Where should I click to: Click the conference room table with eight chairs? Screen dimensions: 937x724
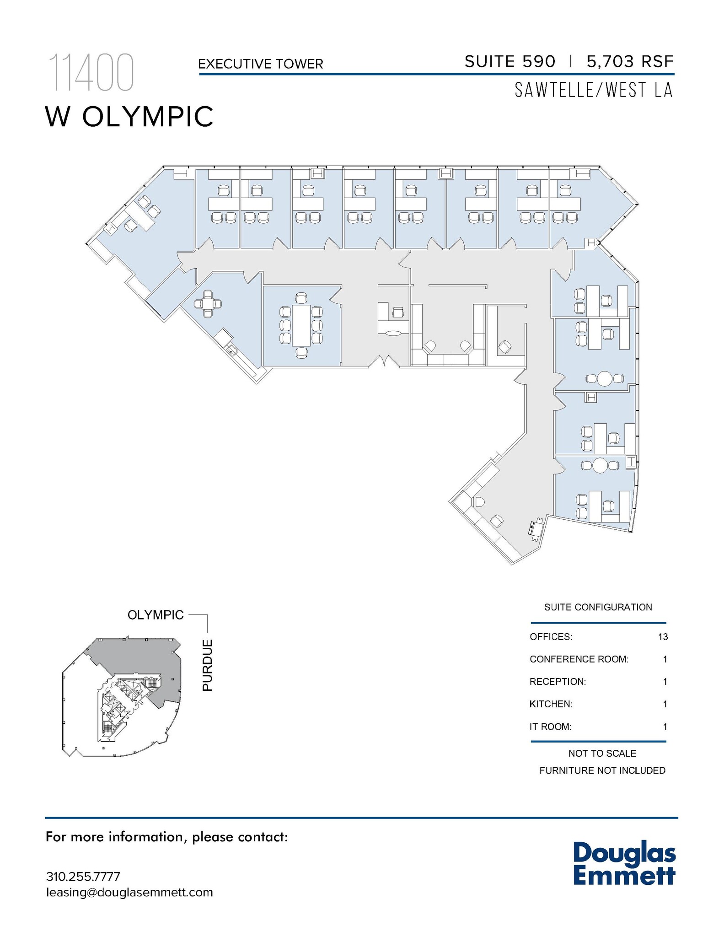[301, 325]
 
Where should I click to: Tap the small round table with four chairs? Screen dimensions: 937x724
[208, 303]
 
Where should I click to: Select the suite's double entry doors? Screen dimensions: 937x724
[385, 362]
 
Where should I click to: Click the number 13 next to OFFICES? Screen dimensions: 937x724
[663, 637]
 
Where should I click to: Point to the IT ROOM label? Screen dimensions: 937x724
[550, 727]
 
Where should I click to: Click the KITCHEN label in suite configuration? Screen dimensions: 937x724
[551, 704]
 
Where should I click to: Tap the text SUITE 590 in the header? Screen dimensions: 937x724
[509, 61]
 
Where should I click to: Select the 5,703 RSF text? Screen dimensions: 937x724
[630, 61]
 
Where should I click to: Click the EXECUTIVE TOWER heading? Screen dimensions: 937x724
[260, 64]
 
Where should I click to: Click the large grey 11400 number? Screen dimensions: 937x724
[91, 73]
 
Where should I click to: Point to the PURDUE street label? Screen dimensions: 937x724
[208, 665]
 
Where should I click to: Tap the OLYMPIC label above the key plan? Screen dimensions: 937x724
[156, 615]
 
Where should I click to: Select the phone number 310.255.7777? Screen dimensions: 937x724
[83, 877]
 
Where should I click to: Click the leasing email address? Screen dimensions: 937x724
[129, 893]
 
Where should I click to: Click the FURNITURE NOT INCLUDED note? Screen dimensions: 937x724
[602, 770]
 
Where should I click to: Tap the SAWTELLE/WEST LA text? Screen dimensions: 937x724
[593, 90]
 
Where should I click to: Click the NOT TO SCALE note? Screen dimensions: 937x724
[602, 753]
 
